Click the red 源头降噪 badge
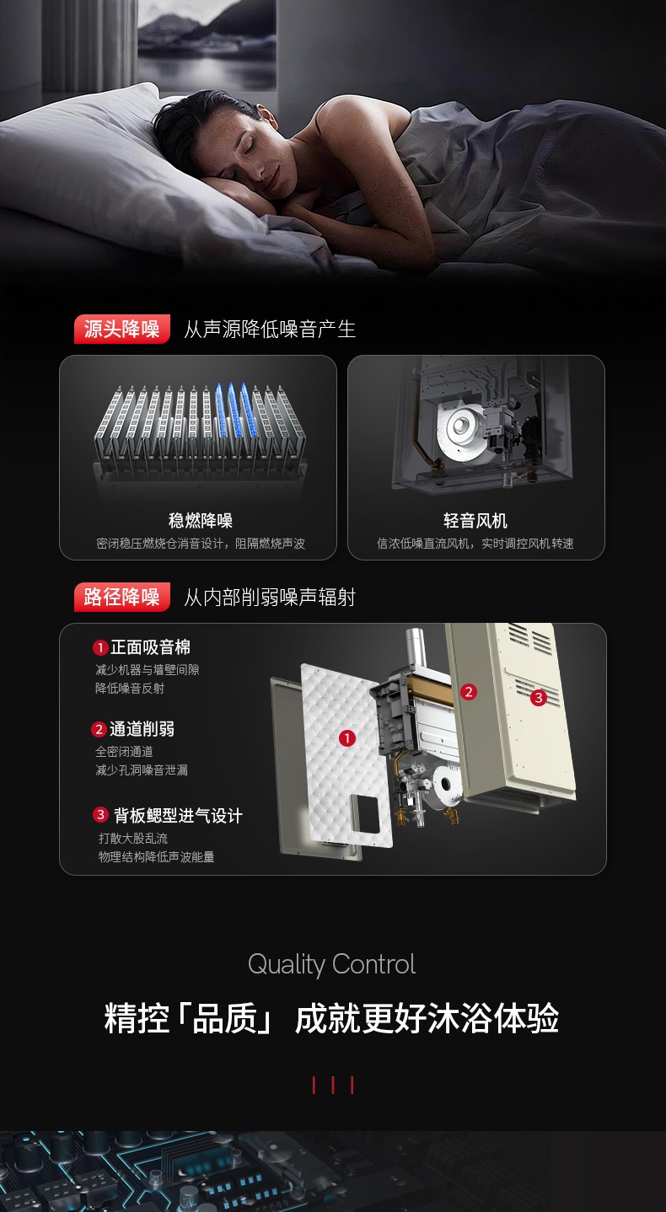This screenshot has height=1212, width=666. (x=121, y=329)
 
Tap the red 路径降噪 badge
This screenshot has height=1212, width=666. (x=121, y=597)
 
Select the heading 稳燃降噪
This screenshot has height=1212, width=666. (x=200, y=521)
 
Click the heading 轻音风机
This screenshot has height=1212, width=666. (x=475, y=521)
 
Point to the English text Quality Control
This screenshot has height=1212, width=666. (x=331, y=965)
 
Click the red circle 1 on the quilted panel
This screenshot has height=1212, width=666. (x=346, y=737)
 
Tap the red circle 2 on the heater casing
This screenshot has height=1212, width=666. (x=469, y=691)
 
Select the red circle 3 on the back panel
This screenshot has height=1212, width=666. (x=538, y=697)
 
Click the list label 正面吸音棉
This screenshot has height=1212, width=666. (x=150, y=647)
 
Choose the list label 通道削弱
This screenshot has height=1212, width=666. (x=142, y=729)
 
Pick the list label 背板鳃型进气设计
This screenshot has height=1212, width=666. (x=178, y=815)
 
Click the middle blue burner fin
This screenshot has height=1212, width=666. (x=234, y=409)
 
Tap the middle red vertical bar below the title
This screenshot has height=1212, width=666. (x=333, y=1085)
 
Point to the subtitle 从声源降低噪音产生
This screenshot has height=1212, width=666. (x=270, y=329)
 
